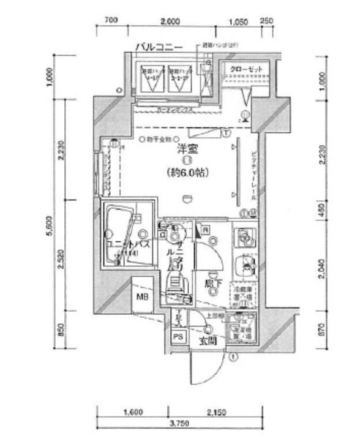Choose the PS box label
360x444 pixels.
coord(179,337)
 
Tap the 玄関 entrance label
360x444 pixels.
coord(207,342)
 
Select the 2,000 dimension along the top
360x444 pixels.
coord(170,21)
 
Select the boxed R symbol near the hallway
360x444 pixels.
coord(206,229)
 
